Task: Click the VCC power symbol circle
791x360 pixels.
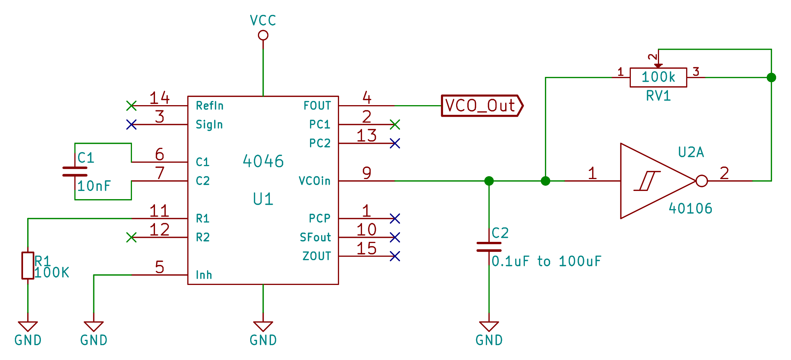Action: [x=263, y=36]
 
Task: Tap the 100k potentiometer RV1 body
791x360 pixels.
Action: [x=658, y=77]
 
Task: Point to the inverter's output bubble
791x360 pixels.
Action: [x=701, y=181]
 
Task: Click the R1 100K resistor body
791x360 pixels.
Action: [x=28, y=265]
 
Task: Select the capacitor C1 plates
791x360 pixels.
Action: [x=75, y=171]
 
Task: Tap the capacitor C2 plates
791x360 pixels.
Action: [x=489, y=247]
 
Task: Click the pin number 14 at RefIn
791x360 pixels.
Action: [x=159, y=98]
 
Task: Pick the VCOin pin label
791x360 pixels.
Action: [x=314, y=181]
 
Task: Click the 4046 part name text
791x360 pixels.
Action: [x=263, y=161]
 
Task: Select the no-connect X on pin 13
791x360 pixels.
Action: [x=395, y=143]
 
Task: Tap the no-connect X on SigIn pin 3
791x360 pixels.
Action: [x=131, y=124]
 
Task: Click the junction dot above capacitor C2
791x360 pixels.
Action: [x=489, y=181]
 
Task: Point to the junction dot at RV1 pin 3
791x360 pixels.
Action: [x=771, y=77]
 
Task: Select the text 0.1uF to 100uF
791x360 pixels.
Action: [x=546, y=262]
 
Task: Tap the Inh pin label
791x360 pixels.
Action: [x=204, y=275]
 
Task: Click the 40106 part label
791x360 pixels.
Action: [x=690, y=208]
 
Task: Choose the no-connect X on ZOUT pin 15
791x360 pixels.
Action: [x=395, y=256]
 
